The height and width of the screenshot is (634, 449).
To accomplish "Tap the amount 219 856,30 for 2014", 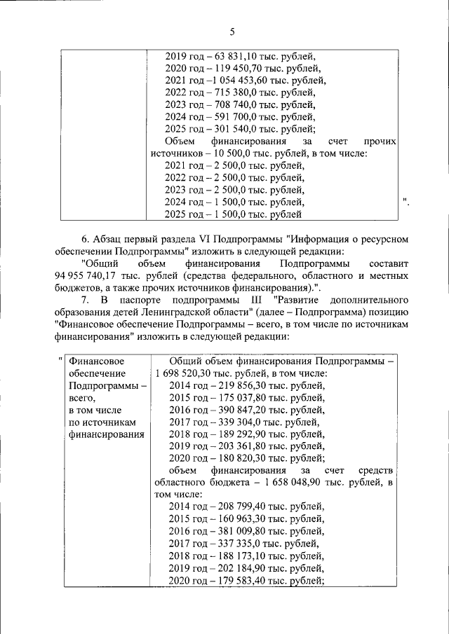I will [239, 385].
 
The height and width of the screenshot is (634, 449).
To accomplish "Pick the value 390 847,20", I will [239, 410].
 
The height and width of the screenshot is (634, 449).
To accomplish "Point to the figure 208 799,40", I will [239, 507].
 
